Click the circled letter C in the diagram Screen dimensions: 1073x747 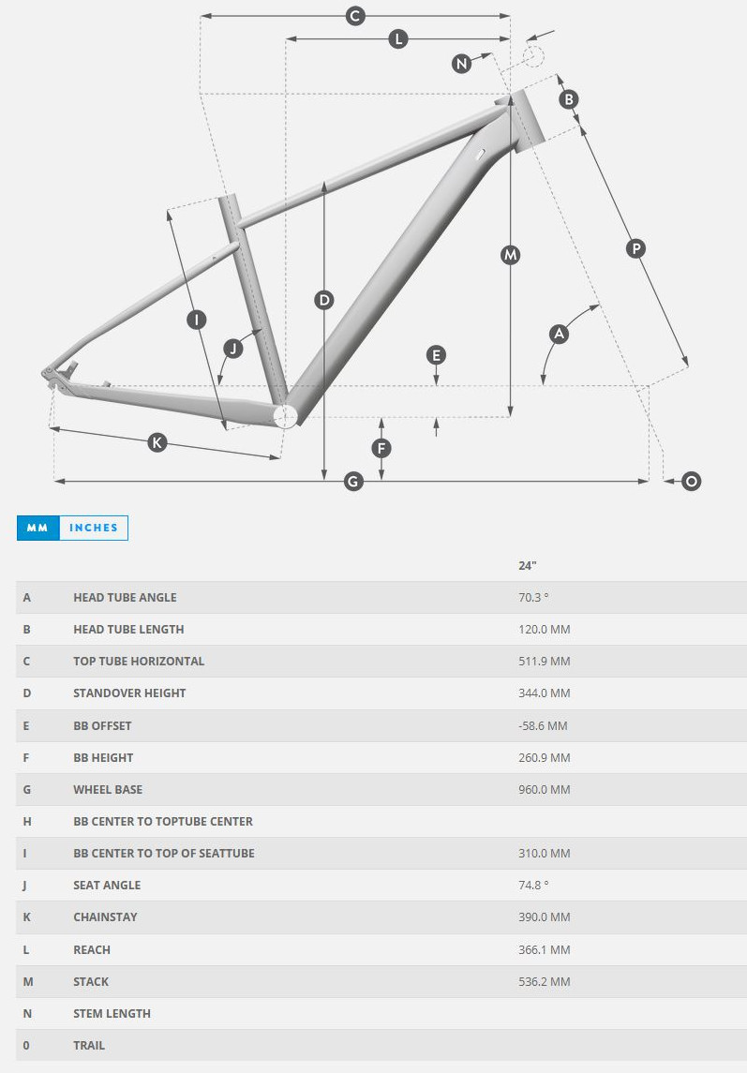pos(355,16)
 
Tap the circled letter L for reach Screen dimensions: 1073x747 pos(398,39)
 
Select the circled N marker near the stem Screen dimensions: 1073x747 pos(461,63)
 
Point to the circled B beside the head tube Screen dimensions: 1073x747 pos(568,99)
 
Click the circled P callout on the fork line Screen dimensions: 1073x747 pos(635,248)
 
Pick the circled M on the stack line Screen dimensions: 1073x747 pos(510,255)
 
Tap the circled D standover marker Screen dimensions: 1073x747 pos(323,300)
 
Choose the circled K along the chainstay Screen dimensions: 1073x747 pos(157,442)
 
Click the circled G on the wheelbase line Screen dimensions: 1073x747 pos(353,481)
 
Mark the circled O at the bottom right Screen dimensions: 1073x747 pos(691,481)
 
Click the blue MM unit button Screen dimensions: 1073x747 pos(37,528)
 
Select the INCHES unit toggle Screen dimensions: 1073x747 pos(94,528)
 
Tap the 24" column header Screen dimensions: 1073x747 pos(528,565)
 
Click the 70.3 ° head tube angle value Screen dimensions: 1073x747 pos(533,597)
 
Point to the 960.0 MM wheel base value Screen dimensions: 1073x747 pos(544,789)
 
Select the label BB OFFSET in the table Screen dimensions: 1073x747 pos(102,725)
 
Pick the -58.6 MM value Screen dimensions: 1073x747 pos(543,725)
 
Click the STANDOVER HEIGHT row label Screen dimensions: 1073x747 pos(129,693)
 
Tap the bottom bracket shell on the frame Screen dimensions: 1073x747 pos(285,415)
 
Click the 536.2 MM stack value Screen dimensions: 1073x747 pos(544,981)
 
